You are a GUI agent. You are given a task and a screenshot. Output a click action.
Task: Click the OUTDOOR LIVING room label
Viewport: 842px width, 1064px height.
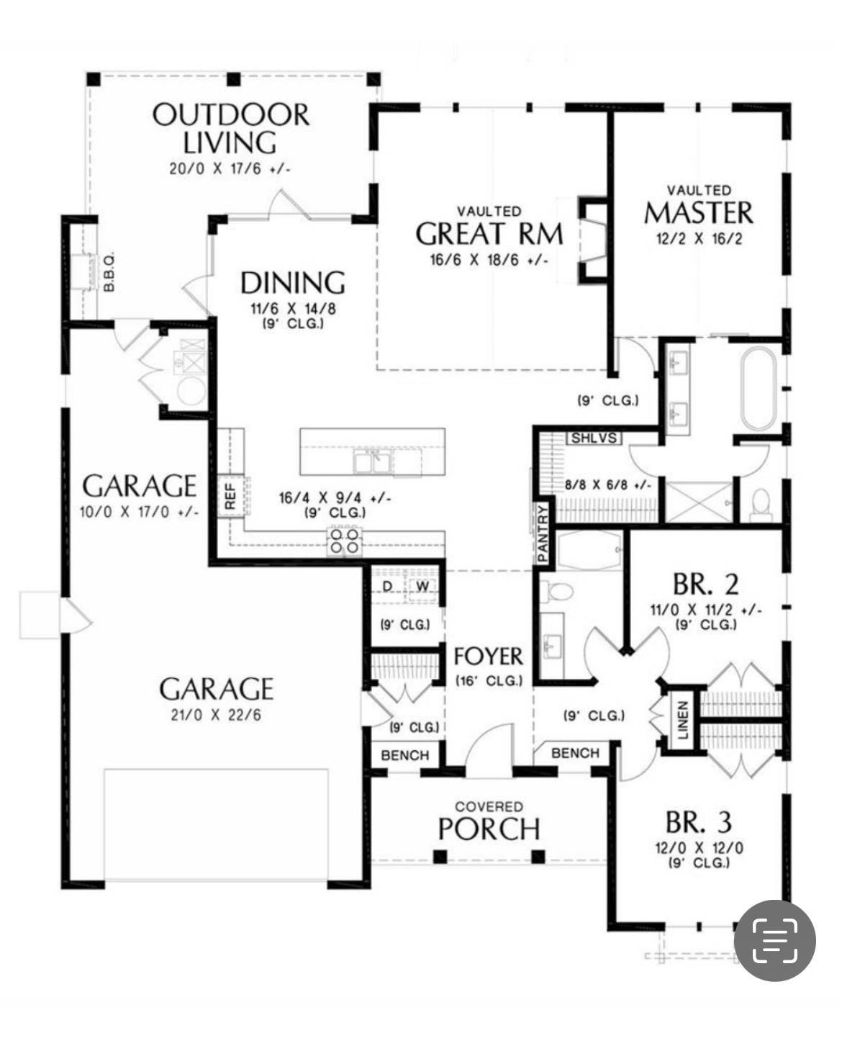230,128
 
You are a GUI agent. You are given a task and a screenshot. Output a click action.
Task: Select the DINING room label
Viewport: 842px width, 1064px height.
292,283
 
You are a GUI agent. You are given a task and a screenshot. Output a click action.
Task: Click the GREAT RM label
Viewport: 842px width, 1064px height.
489,234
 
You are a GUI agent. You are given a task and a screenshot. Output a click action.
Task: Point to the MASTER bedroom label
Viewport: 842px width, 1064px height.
698,213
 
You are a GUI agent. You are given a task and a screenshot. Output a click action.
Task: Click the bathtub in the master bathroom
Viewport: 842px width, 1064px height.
758,389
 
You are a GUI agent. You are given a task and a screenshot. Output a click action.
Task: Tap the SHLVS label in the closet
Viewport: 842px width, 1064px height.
594,438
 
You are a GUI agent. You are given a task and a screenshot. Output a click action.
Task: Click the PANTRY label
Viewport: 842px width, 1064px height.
543,533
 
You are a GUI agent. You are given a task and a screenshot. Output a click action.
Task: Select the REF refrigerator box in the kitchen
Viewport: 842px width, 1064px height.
230,495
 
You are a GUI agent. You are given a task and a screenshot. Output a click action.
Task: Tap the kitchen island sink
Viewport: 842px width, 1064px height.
372,461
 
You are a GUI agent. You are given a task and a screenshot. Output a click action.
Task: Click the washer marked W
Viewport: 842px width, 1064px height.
422,587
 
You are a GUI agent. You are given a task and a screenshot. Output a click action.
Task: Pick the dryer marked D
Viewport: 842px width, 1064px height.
388,587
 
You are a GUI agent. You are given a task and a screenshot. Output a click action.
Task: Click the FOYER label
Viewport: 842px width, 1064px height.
488,657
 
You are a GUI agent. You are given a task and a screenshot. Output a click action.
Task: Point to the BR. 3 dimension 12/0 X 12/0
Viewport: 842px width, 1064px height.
699,847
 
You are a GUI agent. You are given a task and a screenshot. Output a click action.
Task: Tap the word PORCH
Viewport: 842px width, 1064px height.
489,829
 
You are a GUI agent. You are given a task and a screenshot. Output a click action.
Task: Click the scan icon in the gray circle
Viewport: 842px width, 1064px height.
775,940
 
